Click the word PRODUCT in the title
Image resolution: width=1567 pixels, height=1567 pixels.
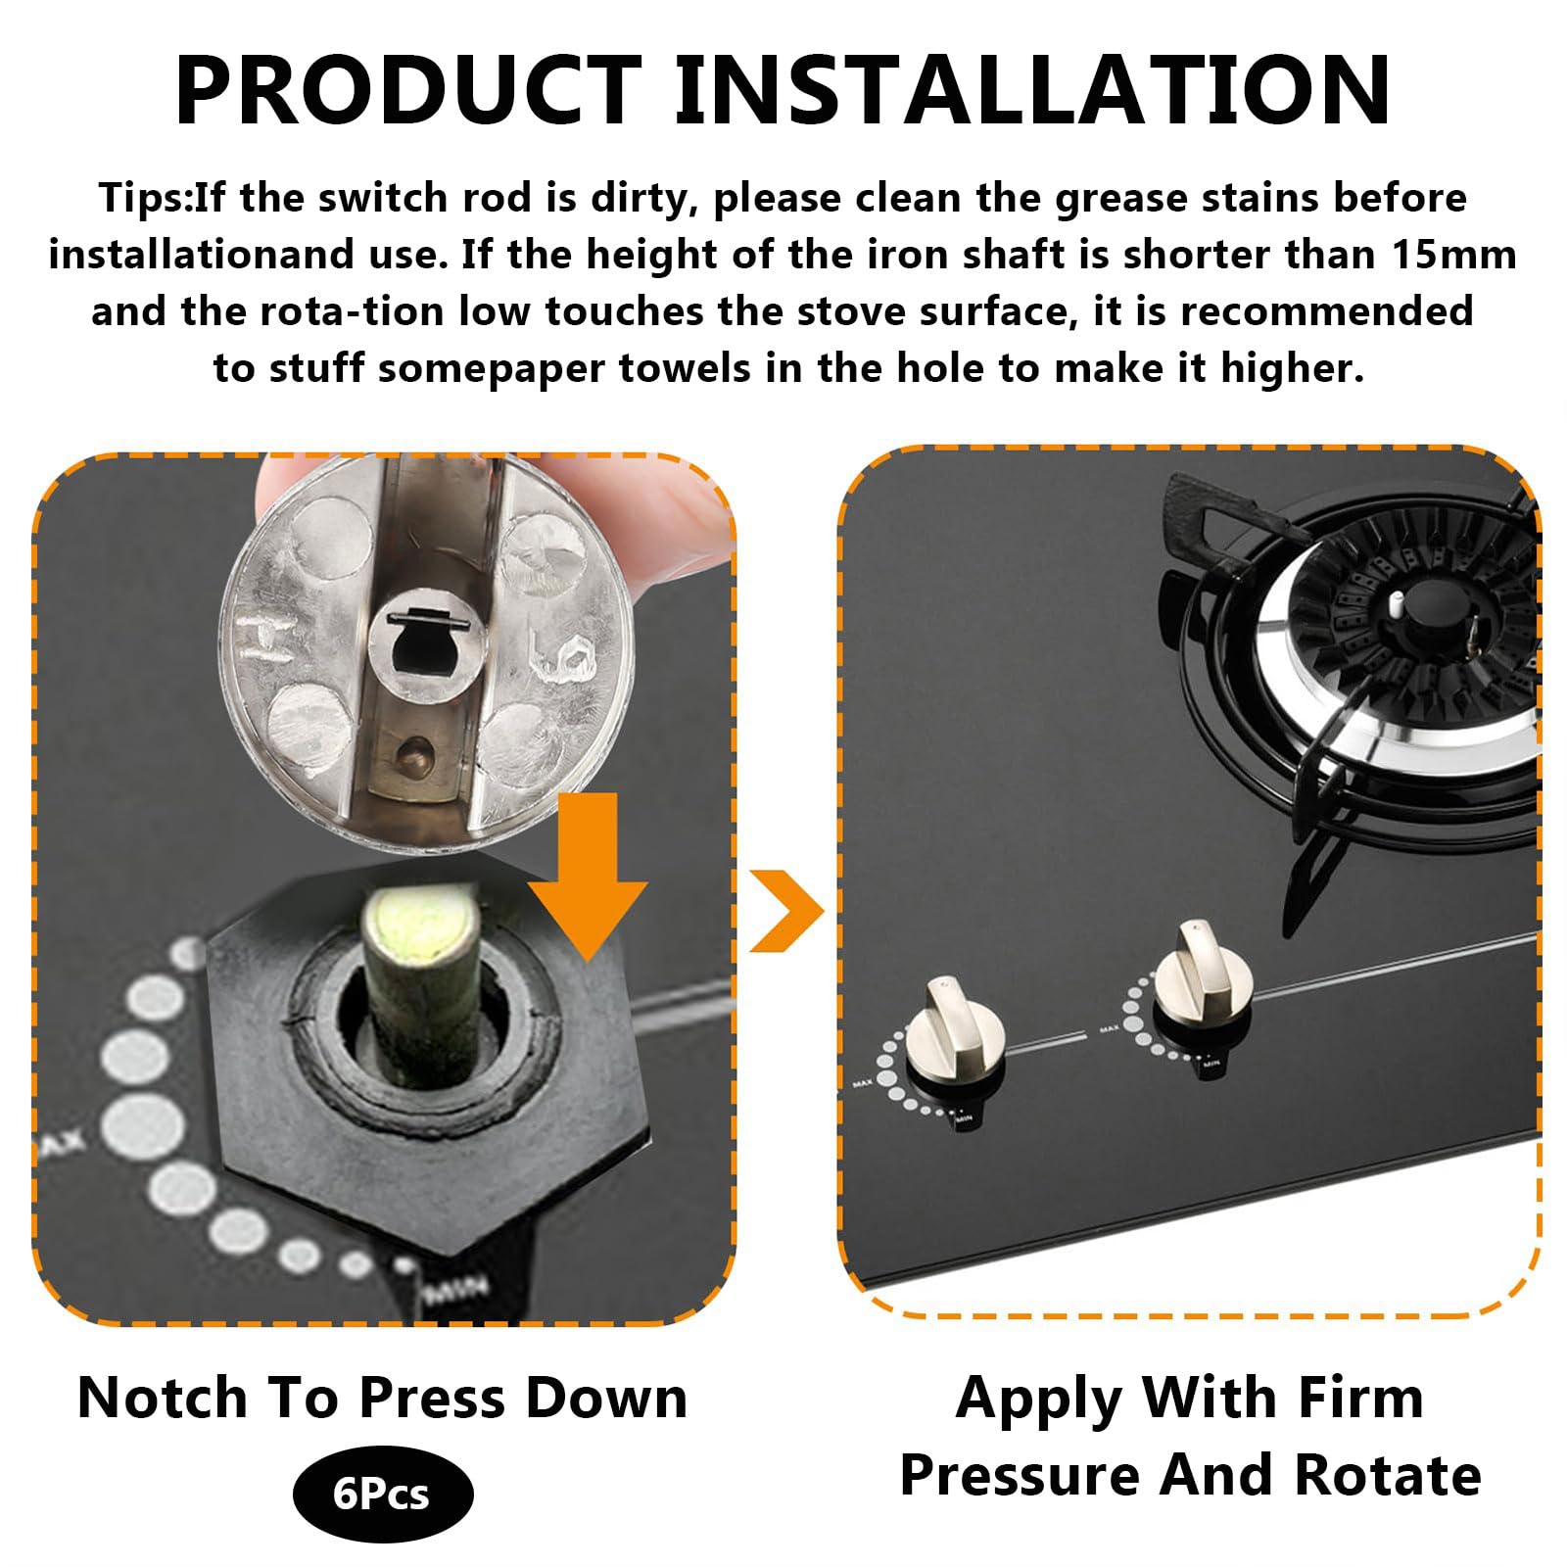tap(408, 89)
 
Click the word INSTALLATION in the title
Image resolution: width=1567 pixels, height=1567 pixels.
tap(1033, 89)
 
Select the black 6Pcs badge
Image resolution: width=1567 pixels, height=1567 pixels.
tap(382, 1495)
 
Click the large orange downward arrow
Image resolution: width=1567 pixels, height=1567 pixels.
tap(588, 877)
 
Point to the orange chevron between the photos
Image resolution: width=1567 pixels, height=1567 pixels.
tap(786, 910)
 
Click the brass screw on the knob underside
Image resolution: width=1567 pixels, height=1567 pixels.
tap(411, 751)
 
